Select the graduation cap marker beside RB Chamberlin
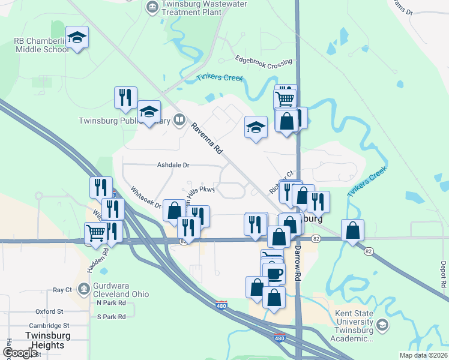pyautogui.click(x=77, y=38)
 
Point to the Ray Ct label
pyautogui.click(x=62, y=290)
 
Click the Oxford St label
pyautogui.click(x=49, y=312)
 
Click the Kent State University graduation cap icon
pyautogui.click(x=382, y=325)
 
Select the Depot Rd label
pyautogui.click(x=443, y=274)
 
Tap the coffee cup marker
pyautogui.click(x=275, y=274)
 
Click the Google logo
pyautogui.click(x=20, y=353)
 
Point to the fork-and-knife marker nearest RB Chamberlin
pyautogui.click(x=125, y=98)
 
